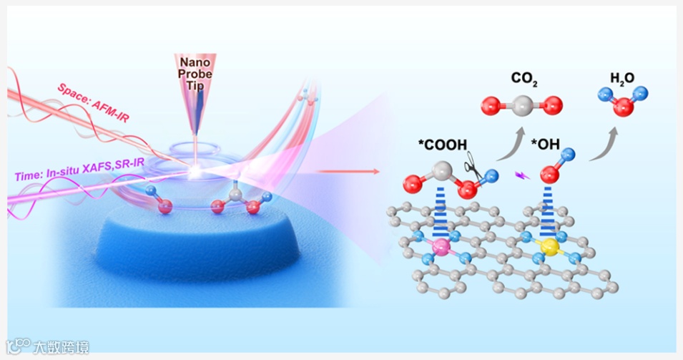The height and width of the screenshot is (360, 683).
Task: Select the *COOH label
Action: click(x=442, y=146)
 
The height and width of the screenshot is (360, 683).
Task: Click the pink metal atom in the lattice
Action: click(x=441, y=248)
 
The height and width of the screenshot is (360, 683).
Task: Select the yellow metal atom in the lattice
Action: click(x=549, y=248)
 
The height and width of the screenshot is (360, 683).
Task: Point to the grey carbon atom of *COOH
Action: click(x=442, y=171)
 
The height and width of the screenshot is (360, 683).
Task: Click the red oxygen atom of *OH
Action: click(x=549, y=173)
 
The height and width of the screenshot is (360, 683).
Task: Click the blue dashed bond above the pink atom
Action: click(x=441, y=215)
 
